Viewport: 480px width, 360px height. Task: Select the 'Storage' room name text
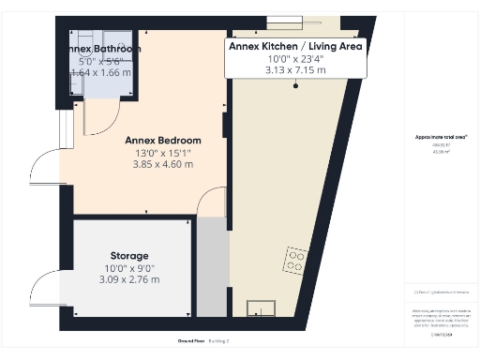tap(128, 255)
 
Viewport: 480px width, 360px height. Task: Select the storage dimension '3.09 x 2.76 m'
tap(128, 279)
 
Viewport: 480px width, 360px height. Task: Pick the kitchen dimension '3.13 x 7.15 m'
tap(295, 68)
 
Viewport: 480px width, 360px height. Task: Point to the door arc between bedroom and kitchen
tap(215, 202)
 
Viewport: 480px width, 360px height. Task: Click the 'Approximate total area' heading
tap(441, 137)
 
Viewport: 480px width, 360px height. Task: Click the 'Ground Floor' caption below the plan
tap(191, 340)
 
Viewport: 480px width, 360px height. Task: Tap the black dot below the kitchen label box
tap(295, 86)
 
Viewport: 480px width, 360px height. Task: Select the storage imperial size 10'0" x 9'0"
tap(128, 267)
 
